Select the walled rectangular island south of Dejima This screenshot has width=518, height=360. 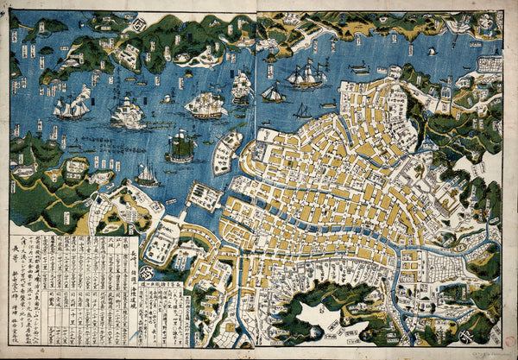click(x=204, y=196)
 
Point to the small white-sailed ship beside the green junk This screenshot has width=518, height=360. click(x=148, y=175)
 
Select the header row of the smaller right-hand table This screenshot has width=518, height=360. click(x=161, y=284)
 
